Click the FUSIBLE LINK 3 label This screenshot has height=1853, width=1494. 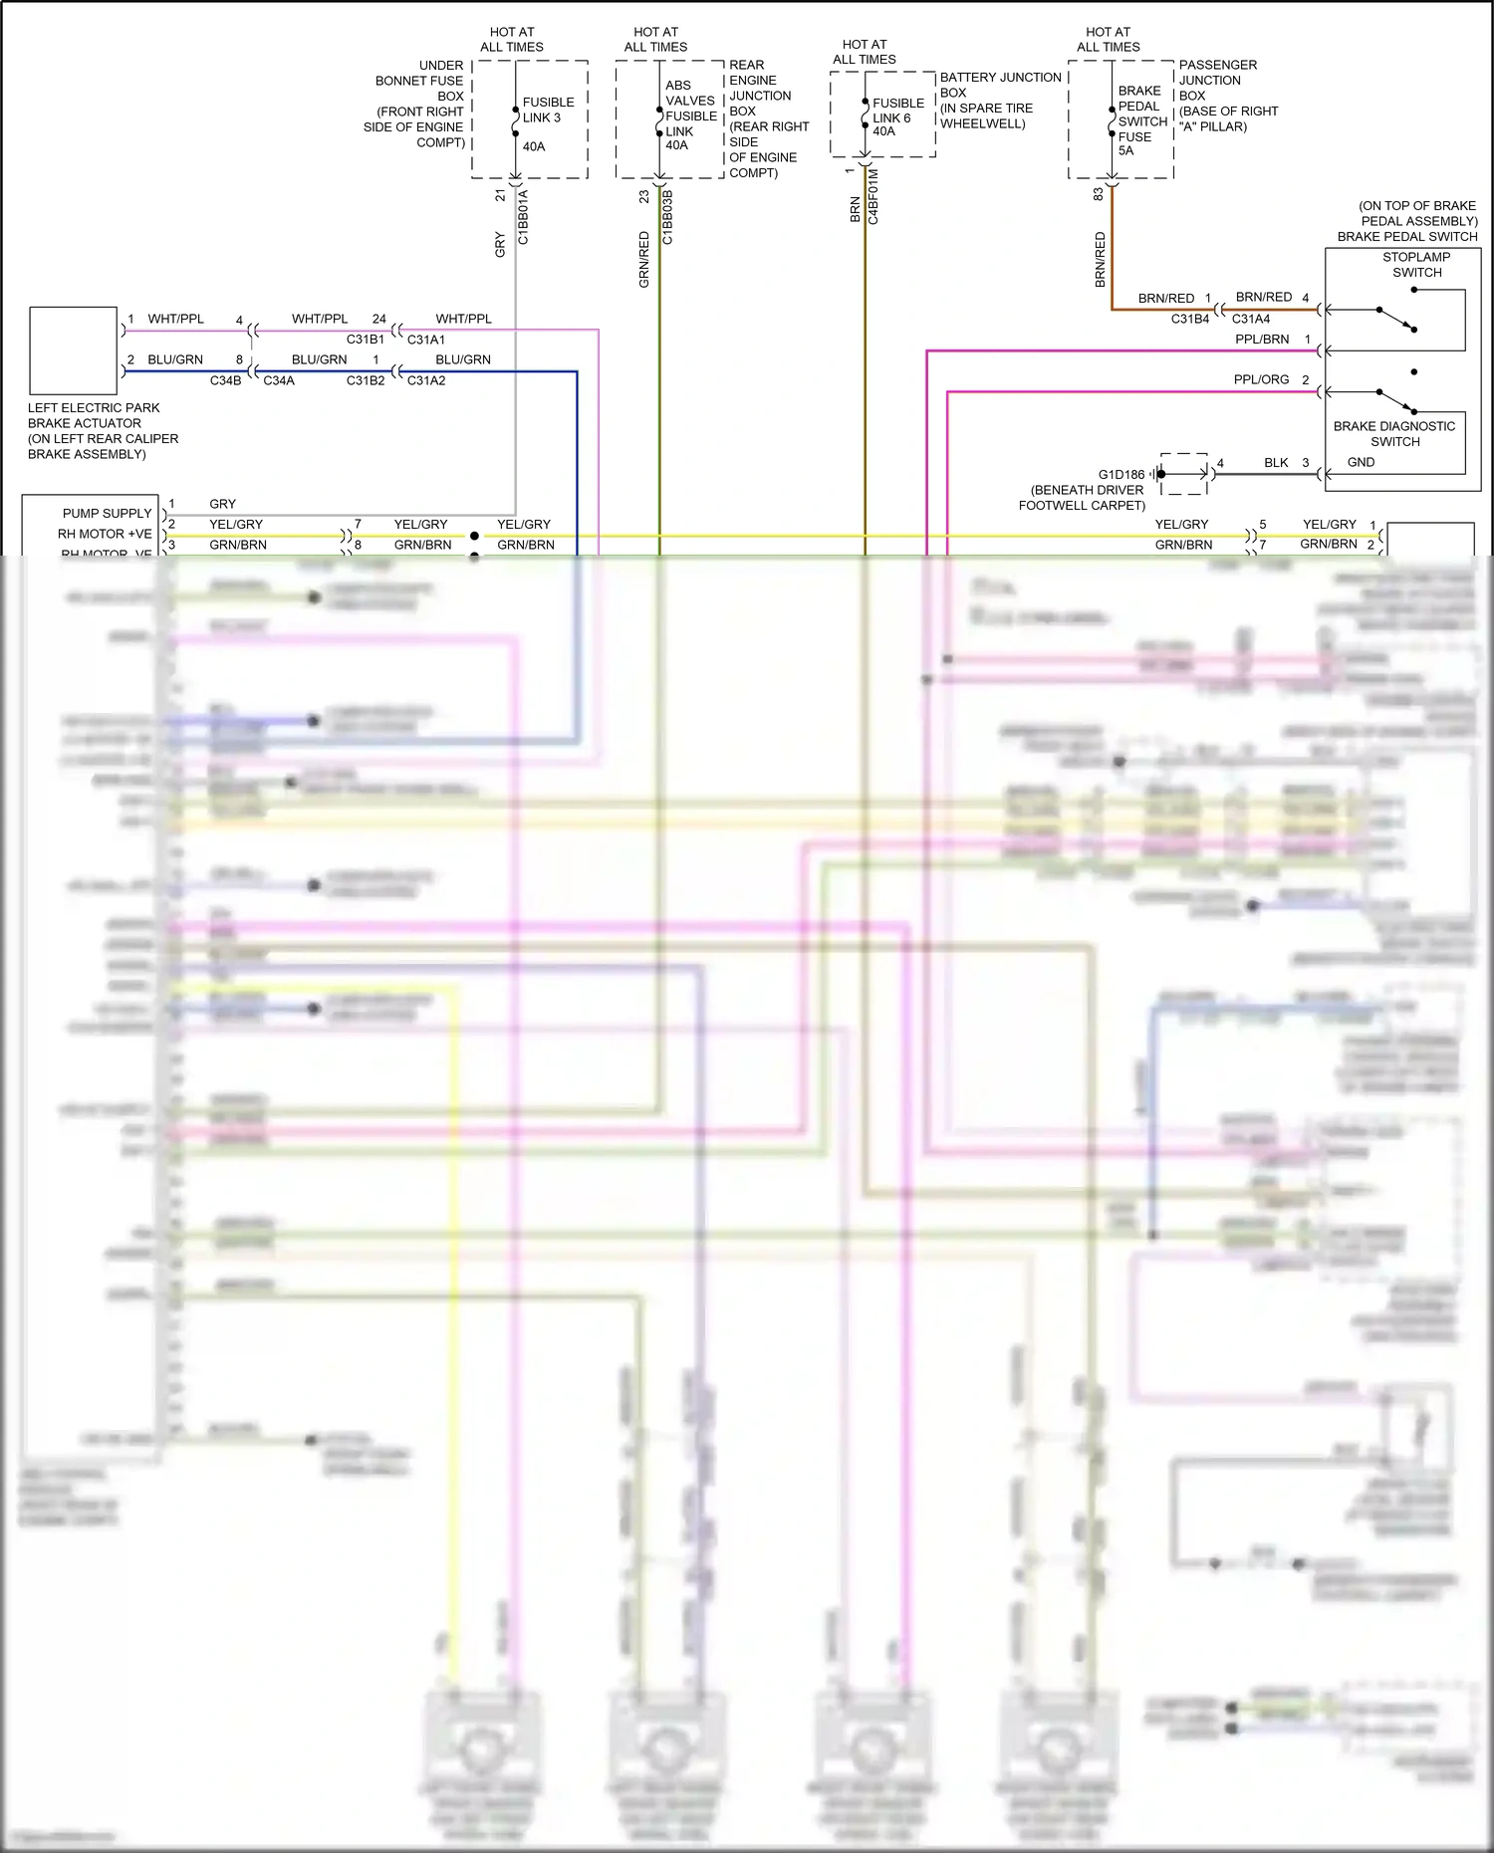pos(548,110)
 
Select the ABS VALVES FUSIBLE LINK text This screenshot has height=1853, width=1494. pos(690,109)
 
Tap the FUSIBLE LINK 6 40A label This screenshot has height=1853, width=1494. pos(897,116)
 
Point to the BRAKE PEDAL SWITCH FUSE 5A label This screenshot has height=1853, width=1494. pos(1141,120)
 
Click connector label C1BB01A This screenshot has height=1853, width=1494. pos(524,217)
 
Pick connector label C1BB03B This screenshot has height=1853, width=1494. pos(667,217)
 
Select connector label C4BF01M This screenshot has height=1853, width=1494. pos(873,196)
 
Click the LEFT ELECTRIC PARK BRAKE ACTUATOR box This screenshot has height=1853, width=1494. pos(74,350)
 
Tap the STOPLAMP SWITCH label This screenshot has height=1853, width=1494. pos(1415,265)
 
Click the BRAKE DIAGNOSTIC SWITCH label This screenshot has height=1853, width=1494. pos(1393,434)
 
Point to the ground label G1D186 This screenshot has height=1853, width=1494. pos(1121,475)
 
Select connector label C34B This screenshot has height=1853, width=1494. pos(225,380)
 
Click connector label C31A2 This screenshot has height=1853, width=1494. pos(426,380)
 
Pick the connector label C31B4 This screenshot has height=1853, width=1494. pos(1189,319)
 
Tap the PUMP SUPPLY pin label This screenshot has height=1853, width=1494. pos(107,514)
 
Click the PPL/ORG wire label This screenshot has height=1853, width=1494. pos(1261,379)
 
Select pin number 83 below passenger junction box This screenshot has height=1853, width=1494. pos(1099,194)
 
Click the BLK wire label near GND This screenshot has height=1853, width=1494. pos(1276,463)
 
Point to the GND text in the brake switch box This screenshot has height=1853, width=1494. pos(1361,462)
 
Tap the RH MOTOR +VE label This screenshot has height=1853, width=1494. pos(105,535)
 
